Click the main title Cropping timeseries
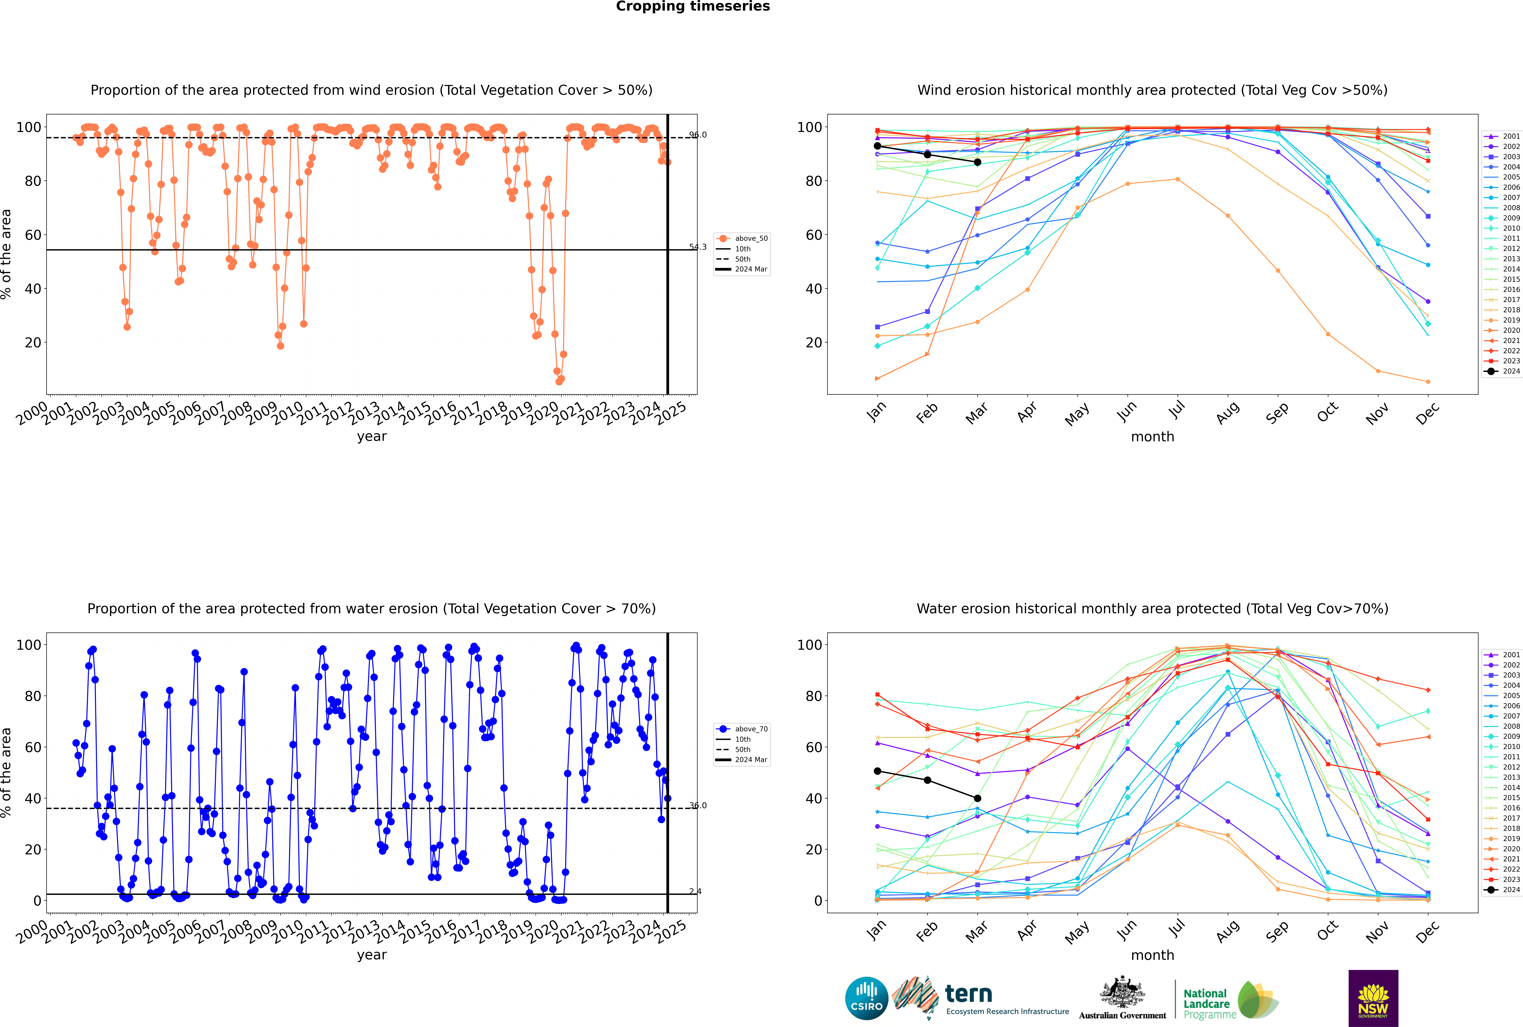[693, 7]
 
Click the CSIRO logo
[866, 998]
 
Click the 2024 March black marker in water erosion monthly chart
[978, 798]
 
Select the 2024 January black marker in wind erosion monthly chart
[877, 146]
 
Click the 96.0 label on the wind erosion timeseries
[698, 135]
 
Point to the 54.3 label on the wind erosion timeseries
[698, 247]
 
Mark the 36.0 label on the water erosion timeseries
[698, 806]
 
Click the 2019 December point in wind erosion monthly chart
[1428, 382]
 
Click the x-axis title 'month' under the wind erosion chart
[1152, 437]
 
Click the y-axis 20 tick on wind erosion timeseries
[33, 342]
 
